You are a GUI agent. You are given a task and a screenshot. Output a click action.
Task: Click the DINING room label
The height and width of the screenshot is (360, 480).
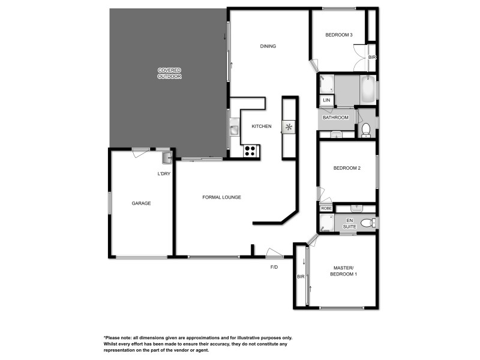coord(268,46)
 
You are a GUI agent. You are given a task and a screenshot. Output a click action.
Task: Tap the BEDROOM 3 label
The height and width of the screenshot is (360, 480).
coord(338,35)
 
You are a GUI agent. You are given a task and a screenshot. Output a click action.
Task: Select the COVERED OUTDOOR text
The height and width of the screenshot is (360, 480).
coord(169,73)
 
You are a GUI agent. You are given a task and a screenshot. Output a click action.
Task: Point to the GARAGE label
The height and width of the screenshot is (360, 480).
coord(141,203)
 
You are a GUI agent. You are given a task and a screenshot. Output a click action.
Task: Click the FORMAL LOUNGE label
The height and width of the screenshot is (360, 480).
coord(221,197)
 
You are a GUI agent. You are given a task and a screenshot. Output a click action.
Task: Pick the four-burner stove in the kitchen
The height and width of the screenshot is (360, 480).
coord(250,151)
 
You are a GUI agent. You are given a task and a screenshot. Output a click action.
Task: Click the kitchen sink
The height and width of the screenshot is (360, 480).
coord(234,128)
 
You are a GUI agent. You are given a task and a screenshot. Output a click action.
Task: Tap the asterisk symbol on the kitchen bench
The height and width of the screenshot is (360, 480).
coord(289,127)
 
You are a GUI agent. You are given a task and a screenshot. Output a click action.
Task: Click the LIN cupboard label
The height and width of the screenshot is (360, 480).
coord(326,100)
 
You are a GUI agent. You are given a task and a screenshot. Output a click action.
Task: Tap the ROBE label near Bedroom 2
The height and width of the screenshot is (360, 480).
coord(326,208)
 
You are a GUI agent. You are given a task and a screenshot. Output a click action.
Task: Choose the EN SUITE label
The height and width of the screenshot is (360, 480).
coord(349,223)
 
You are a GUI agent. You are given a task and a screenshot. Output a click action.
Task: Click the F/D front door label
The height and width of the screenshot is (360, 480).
coord(274,266)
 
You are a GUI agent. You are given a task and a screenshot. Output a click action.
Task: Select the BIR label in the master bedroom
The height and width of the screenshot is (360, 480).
coord(301,277)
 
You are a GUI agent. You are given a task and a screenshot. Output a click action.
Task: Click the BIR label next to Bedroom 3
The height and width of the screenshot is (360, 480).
coord(372,57)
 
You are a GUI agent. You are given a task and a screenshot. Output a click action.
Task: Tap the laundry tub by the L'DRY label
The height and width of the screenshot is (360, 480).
coord(167,158)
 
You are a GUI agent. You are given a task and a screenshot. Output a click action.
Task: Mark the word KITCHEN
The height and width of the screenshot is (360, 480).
coord(262,127)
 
